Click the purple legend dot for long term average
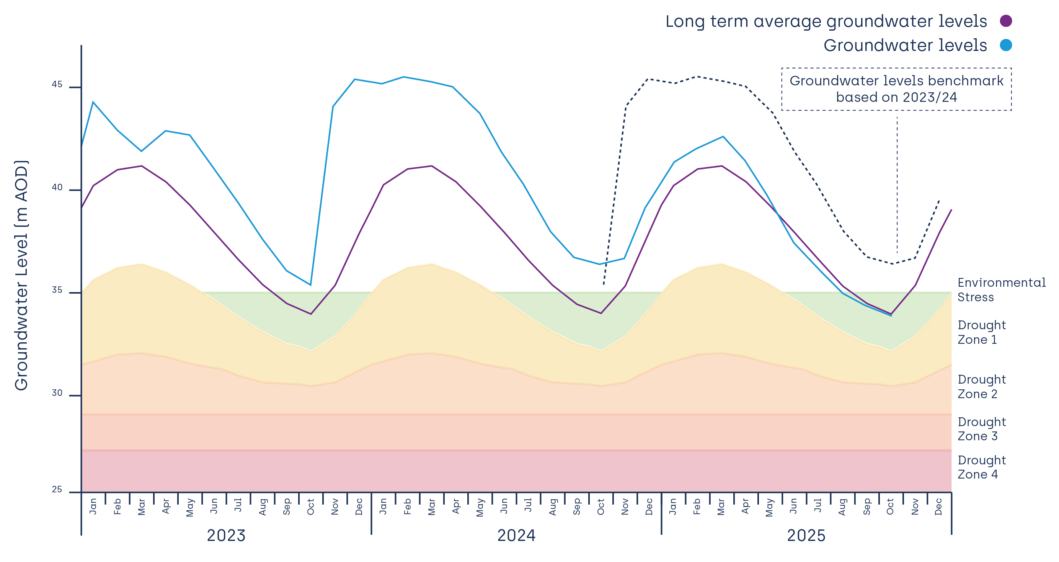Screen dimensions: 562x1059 click(1005, 21)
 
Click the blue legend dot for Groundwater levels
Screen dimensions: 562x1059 click(1005, 45)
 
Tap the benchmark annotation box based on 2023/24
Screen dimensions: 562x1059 click(896, 89)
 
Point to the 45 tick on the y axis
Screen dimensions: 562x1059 click(57, 85)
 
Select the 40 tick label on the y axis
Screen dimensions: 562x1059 click(57, 188)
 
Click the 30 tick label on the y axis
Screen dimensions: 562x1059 click(57, 394)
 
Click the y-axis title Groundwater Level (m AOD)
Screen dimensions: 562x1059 click(21, 276)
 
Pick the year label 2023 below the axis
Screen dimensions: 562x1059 click(226, 536)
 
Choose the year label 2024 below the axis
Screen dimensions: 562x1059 click(516, 536)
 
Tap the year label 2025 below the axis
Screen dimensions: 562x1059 click(806, 536)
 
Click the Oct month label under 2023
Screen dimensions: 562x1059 click(311, 506)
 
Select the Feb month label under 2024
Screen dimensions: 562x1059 click(407, 506)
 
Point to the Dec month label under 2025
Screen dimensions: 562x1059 click(938, 506)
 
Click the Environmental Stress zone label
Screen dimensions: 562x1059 click(1002, 289)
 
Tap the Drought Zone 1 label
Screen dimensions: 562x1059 click(981, 332)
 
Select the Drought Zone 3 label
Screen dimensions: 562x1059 click(981, 429)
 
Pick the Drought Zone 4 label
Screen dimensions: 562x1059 click(981, 467)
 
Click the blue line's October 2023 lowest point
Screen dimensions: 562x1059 click(310, 284)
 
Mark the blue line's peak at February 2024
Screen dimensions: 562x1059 click(404, 77)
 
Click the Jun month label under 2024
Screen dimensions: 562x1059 click(504, 506)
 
